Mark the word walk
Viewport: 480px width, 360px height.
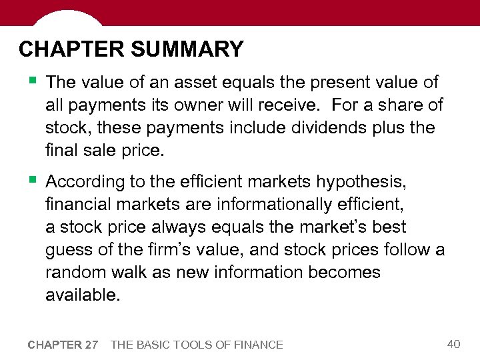click(133, 273)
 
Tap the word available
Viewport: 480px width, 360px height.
click(83, 295)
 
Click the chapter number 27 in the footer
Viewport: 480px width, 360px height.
click(91, 345)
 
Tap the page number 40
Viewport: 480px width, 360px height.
click(453, 344)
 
